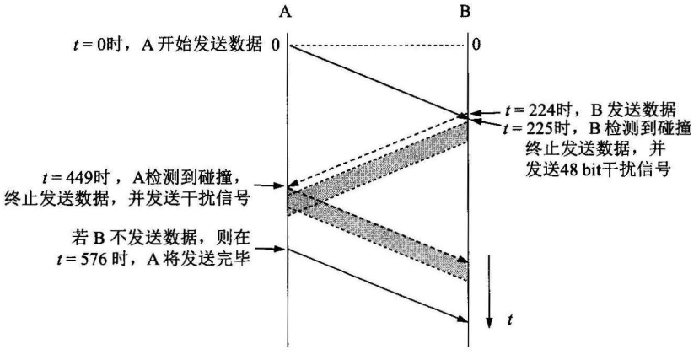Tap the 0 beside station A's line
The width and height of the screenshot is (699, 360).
coord(275,44)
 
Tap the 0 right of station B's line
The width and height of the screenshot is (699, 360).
coord(477,44)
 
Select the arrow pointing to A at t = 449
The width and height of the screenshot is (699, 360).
coord(272,187)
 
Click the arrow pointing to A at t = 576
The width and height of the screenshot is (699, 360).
coord(272,248)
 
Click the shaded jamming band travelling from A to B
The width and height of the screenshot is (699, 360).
coord(379,235)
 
